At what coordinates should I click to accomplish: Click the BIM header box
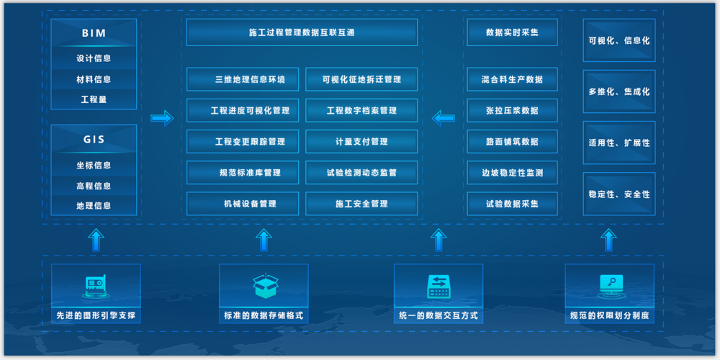[x=94, y=33]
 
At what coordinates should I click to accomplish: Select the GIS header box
[x=94, y=139]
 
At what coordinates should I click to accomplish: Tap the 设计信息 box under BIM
[x=94, y=58]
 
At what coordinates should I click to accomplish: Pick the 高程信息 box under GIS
[x=94, y=186]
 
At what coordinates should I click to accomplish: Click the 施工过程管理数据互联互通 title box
[x=302, y=32]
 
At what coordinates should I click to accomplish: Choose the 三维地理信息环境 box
[x=242, y=79]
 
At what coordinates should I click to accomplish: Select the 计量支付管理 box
[x=361, y=142]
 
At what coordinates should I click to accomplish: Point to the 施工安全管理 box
[x=361, y=204]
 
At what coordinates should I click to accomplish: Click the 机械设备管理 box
[x=242, y=204]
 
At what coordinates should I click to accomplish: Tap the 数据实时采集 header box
[x=512, y=32]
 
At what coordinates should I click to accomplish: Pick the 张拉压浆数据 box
[x=512, y=111]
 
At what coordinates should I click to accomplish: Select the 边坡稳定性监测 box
[x=512, y=173]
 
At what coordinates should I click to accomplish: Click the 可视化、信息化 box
[x=618, y=40]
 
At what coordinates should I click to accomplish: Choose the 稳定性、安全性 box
[x=618, y=194]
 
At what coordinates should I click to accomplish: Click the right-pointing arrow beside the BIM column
[x=162, y=117]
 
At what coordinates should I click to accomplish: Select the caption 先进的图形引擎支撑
[x=96, y=315]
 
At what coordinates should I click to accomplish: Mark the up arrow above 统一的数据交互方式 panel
[x=438, y=240]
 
